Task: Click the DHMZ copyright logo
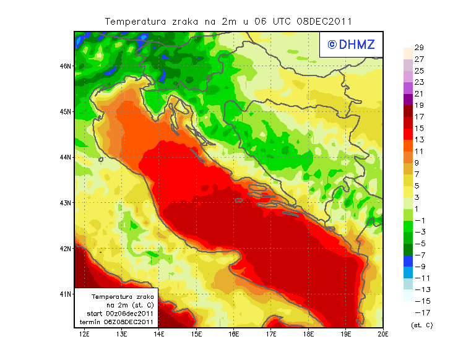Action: click(x=351, y=45)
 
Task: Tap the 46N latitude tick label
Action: click(x=65, y=66)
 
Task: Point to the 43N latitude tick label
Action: click(x=65, y=202)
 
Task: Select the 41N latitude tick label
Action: click(x=65, y=293)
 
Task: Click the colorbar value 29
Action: click(x=418, y=48)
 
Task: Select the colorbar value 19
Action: click(x=418, y=105)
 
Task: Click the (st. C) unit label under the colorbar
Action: click(x=421, y=325)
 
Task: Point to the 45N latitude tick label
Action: click(x=65, y=111)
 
